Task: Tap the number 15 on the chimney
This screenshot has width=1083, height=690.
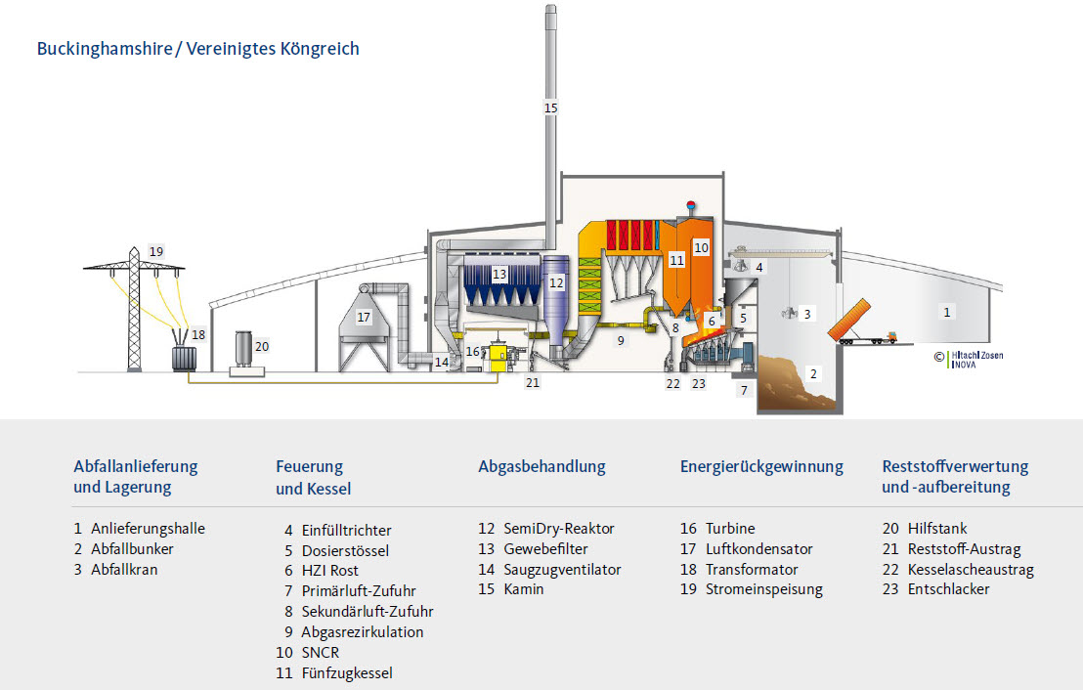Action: (550, 108)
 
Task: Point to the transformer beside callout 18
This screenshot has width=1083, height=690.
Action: (182, 355)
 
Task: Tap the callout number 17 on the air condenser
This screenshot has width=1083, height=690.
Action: (364, 318)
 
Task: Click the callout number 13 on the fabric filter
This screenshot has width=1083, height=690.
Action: (499, 275)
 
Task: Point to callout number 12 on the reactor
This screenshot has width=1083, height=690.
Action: (556, 282)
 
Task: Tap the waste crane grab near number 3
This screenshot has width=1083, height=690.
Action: (788, 313)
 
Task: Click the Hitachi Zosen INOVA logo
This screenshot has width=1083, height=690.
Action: (974, 359)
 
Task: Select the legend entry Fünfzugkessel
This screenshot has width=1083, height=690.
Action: (347, 673)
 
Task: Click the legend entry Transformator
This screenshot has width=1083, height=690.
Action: (752, 569)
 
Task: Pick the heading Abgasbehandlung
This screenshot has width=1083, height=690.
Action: (541, 467)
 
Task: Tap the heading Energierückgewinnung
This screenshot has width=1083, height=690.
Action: (761, 467)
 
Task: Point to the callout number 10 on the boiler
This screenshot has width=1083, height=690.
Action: (701, 248)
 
